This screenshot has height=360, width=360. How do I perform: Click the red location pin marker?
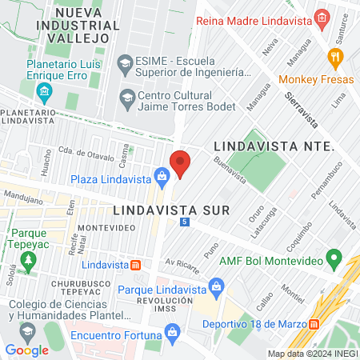point(181,162)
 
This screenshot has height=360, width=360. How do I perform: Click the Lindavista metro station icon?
point(137,265)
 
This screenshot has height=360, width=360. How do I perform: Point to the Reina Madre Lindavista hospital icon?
point(322,18)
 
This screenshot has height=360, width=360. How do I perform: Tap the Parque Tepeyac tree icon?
point(30,260)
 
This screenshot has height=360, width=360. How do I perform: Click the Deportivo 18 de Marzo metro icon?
point(314,323)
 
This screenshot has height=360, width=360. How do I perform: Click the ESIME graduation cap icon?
point(126,62)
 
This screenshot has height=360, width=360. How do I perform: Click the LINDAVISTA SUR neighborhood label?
point(171,210)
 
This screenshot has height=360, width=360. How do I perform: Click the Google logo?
point(26,350)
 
